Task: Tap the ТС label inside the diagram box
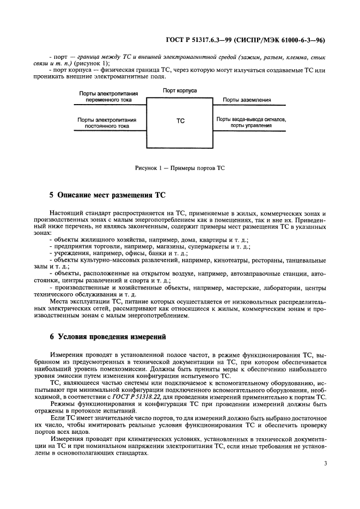180,121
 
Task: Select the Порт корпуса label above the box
180,90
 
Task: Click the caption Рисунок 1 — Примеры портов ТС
180,168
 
